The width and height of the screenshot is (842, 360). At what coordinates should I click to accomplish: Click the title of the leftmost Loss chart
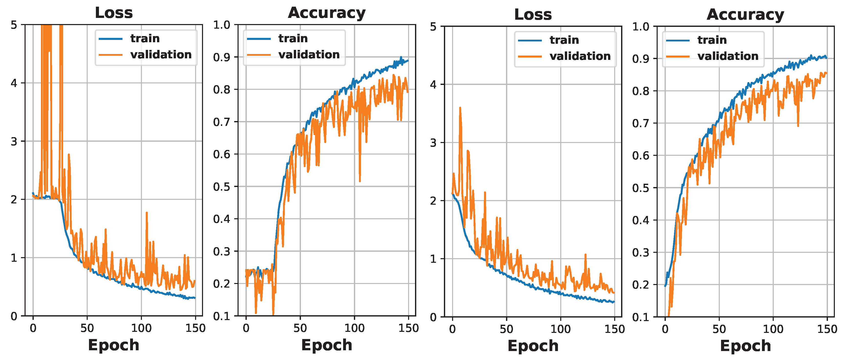[x=114, y=13]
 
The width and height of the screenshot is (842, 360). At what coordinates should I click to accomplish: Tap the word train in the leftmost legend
[x=145, y=39]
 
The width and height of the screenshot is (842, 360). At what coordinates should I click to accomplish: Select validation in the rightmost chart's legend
[x=728, y=56]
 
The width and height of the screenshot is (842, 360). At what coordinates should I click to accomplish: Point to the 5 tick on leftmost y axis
[x=14, y=25]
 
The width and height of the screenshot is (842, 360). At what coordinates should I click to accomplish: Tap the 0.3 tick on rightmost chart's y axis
[x=641, y=253]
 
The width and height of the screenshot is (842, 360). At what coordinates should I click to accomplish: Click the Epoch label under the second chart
[x=327, y=345]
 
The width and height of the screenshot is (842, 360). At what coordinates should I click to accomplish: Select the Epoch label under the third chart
[x=533, y=346]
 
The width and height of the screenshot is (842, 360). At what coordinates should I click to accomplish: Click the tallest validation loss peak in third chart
[x=460, y=108]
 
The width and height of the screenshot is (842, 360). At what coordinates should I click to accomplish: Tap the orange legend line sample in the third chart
[x=530, y=57]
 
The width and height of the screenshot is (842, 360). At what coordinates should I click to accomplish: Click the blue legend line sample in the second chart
[x=259, y=39]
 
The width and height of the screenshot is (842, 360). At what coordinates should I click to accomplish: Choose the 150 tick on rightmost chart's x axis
[x=827, y=329]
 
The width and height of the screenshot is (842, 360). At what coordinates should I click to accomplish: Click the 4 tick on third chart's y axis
[x=433, y=85]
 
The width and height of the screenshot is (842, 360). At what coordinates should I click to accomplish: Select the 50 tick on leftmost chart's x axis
[x=87, y=328]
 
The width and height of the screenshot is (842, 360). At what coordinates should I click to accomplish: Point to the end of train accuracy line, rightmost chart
[x=827, y=58]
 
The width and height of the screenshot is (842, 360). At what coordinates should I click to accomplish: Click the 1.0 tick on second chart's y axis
[x=222, y=25]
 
